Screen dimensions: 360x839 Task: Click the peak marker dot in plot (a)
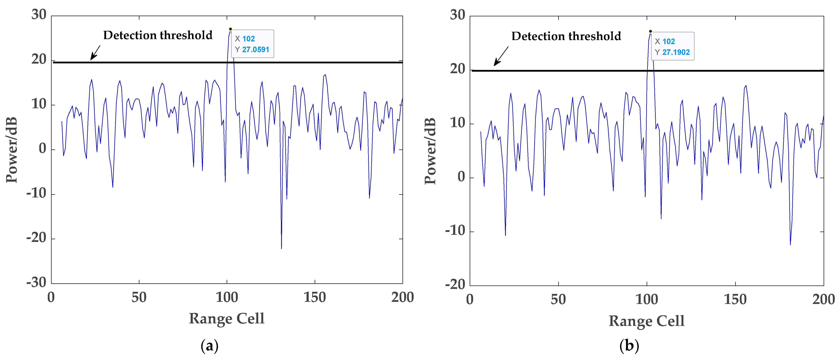click(230, 29)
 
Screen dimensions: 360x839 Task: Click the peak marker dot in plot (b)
click(650, 31)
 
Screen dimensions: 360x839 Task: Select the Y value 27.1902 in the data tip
click(676, 52)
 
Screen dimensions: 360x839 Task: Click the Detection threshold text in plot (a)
click(158, 35)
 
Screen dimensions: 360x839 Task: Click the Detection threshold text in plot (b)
click(566, 36)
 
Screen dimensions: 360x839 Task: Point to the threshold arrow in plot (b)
click(501, 56)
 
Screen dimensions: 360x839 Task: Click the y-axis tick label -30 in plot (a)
click(36, 282)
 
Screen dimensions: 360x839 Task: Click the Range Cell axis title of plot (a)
click(227, 318)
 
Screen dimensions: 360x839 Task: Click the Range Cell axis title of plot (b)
click(646, 321)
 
